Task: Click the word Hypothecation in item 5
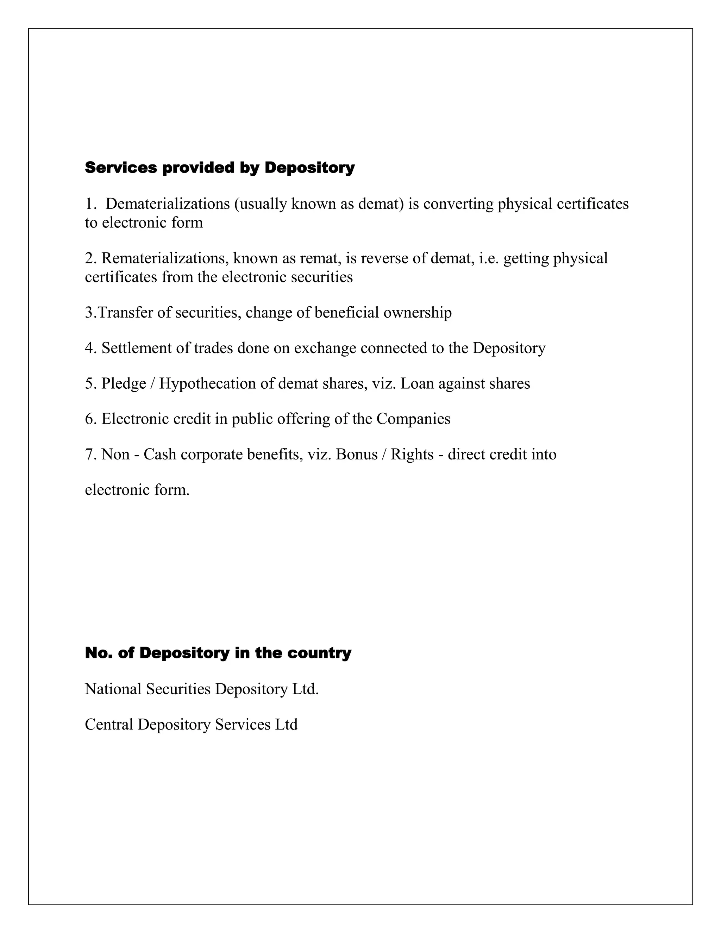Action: (209, 384)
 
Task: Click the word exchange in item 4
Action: (325, 348)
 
